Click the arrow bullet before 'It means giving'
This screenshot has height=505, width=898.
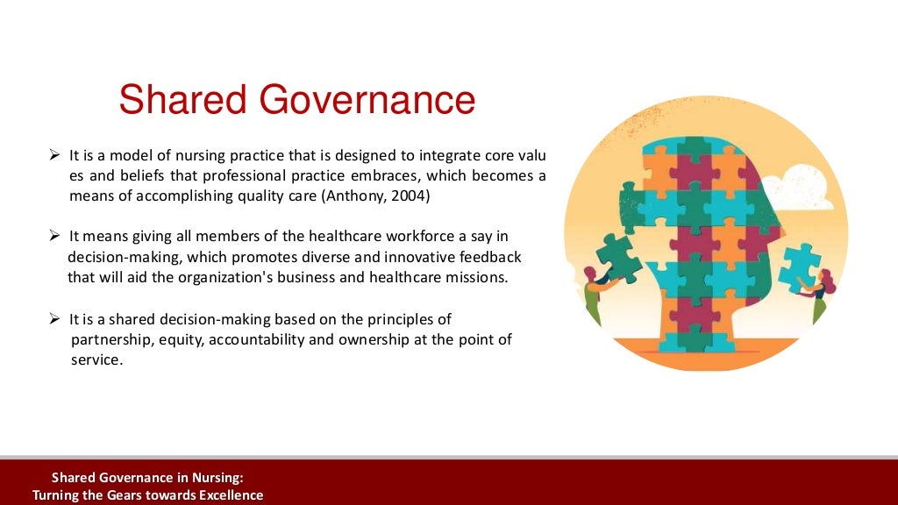click(x=53, y=237)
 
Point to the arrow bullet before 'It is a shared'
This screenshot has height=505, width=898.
click(x=53, y=319)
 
